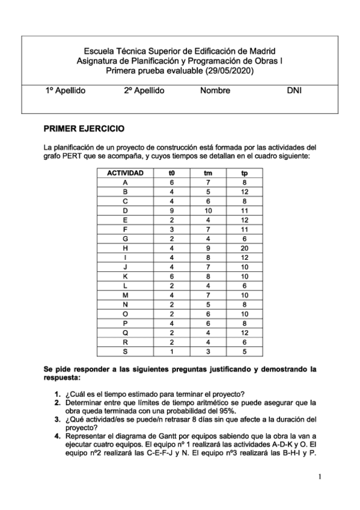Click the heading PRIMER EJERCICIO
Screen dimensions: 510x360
[84, 129]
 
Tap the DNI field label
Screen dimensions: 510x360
[294, 91]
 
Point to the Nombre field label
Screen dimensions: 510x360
[215, 91]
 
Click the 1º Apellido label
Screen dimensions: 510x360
[66, 91]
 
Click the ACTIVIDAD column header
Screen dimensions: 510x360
[125, 173]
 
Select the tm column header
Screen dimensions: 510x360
[208, 173]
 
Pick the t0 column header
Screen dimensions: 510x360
[171, 173]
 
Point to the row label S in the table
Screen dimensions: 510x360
[125, 351]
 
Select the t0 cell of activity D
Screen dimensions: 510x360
[171, 210]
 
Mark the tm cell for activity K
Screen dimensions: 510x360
[208, 276]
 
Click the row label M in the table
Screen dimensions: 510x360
[125, 295]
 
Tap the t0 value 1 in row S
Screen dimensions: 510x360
[171, 351]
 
